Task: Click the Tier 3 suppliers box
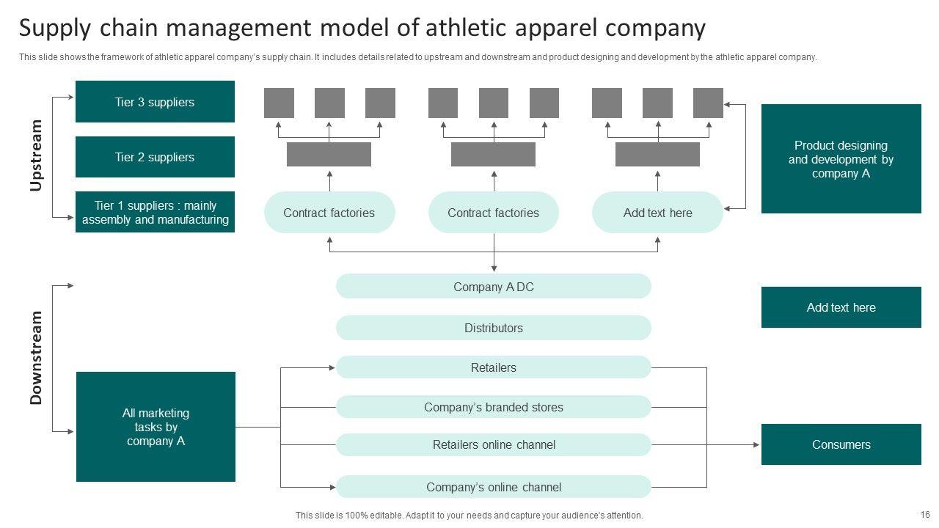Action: click(155, 102)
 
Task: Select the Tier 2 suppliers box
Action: click(155, 157)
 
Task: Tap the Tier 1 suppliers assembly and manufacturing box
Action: click(155, 213)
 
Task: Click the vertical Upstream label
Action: click(36, 155)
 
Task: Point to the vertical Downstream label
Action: click(36, 358)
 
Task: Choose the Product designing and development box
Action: click(841, 159)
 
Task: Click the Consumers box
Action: click(841, 444)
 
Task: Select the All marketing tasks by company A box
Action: click(156, 427)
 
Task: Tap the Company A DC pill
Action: click(493, 287)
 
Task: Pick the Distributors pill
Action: click(493, 328)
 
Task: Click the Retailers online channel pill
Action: click(493, 444)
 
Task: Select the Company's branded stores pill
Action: click(493, 407)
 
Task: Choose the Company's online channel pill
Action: click(493, 487)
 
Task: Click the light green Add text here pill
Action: click(657, 213)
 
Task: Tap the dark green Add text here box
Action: click(841, 307)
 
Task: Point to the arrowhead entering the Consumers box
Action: click(756, 444)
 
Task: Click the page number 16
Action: click(925, 515)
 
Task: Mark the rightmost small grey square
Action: click(708, 103)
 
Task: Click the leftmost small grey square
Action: click(279, 103)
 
